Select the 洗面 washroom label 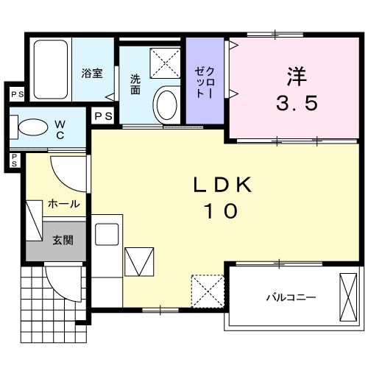pos(135,84)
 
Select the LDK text pos(222,185)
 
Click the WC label pos(60,130)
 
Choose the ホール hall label pos(63,204)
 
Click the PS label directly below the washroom pos(103,115)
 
